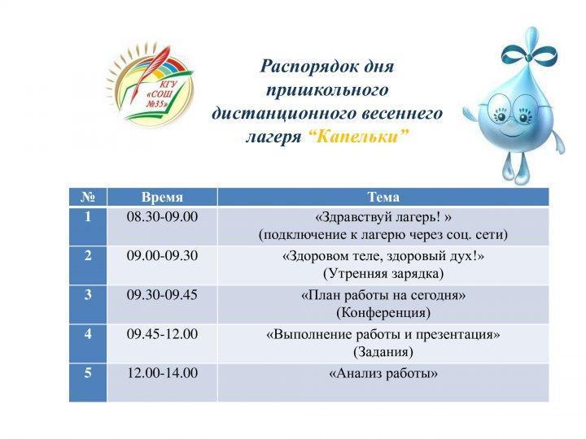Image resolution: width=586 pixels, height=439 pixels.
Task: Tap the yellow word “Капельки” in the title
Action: (x=359, y=137)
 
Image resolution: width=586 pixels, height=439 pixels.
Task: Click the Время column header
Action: (x=162, y=197)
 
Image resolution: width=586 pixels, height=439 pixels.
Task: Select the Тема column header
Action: (x=383, y=197)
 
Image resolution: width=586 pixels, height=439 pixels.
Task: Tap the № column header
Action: (x=88, y=197)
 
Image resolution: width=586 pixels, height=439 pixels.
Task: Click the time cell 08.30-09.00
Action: (x=162, y=217)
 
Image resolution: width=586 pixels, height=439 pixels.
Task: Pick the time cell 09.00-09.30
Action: (x=162, y=256)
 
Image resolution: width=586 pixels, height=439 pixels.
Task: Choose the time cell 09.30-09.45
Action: (x=162, y=295)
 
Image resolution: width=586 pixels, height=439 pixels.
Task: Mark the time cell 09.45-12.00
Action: (x=162, y=334)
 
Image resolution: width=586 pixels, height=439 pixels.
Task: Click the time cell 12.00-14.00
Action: (x=162, y=373)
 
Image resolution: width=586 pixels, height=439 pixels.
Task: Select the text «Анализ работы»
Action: (x=383, y=373)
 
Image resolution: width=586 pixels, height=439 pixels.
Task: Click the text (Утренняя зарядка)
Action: (x=383, y=274)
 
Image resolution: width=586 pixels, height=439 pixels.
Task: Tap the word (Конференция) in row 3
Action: (x=383, y=312)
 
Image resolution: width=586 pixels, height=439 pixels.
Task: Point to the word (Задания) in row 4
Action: (x=383, y=352)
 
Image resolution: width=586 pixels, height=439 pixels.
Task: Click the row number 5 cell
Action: (x=88, y=382)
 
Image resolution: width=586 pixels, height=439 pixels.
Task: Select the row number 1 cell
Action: (x=88, y=226)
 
